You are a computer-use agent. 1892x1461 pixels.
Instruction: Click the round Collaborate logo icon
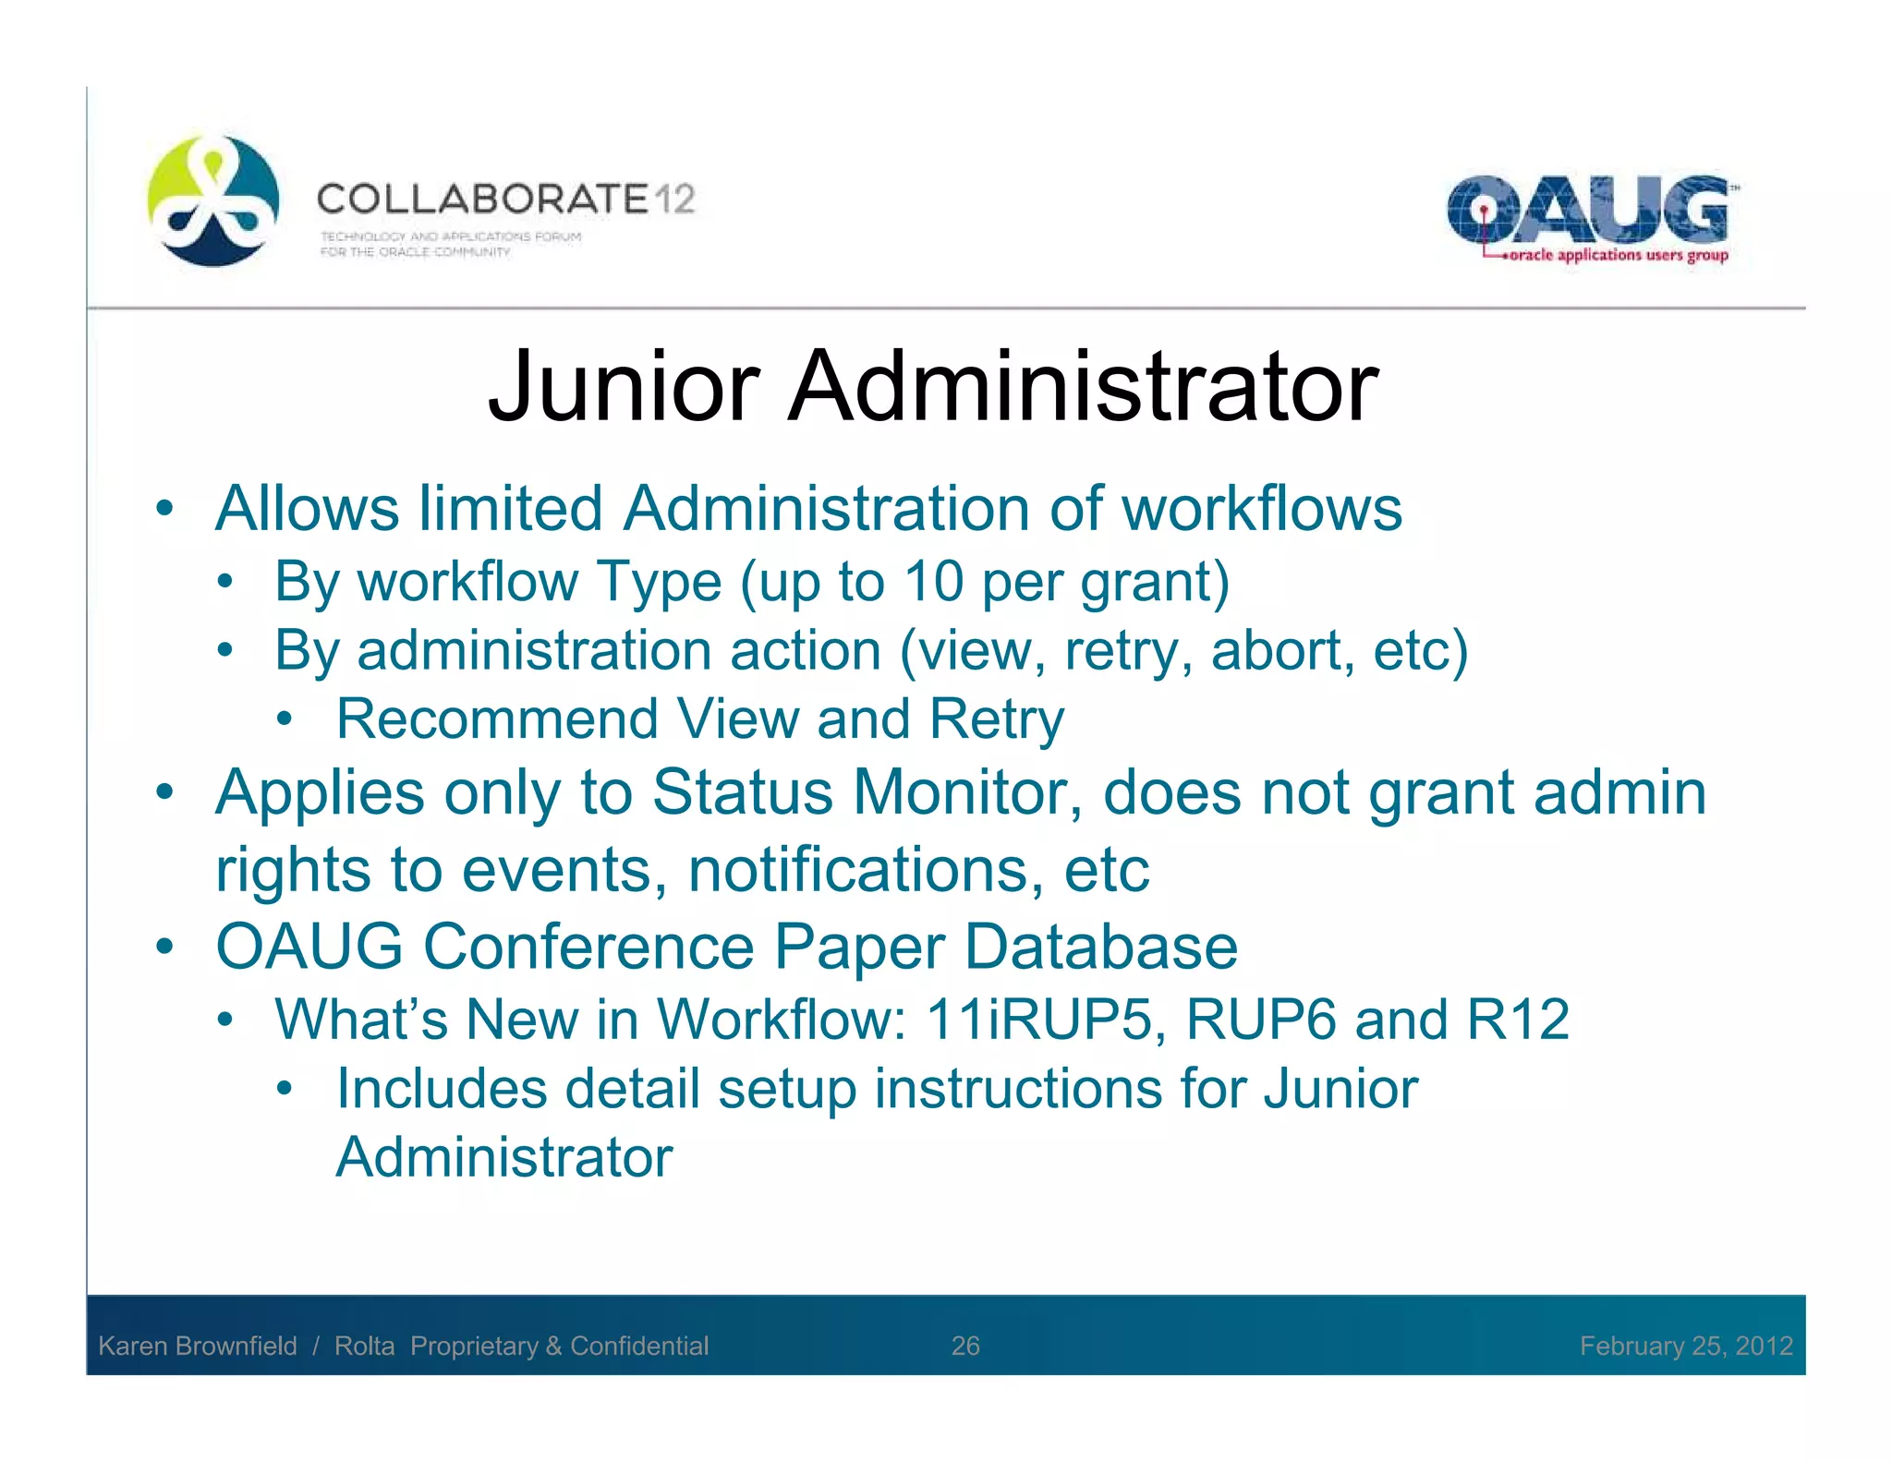(213, 200)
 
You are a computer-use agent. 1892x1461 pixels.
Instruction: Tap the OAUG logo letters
(1586, 210)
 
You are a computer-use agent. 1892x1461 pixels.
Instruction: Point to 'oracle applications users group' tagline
(1618, 255)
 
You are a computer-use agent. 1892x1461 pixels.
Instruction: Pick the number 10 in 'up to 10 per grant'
(933, 582)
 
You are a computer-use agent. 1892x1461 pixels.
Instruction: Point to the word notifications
(866, 870)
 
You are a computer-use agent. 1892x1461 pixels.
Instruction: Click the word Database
(1100, 947)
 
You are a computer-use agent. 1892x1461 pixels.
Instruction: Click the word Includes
(441, 1089)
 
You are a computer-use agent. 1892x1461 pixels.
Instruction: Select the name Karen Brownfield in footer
(198, 1346)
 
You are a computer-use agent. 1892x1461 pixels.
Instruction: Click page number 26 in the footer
(965, 1346)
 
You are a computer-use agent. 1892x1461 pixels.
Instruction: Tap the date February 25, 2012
(1686, 1346)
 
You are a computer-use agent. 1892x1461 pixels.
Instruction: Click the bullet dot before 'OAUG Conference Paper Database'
(164, 947)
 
